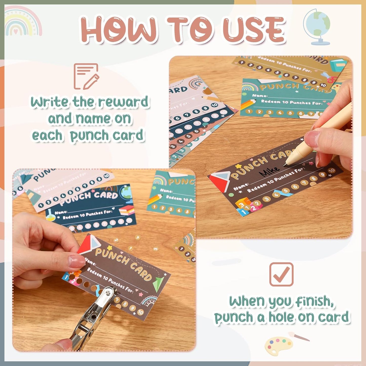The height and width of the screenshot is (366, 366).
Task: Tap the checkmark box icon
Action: coord(281,274)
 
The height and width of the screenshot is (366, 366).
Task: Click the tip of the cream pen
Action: coord(285,165)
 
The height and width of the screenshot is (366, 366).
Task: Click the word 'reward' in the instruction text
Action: coord(123,102)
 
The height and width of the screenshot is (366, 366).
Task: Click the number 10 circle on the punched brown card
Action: coord(140,312)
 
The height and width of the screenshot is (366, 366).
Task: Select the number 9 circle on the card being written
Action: coord(322,175)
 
